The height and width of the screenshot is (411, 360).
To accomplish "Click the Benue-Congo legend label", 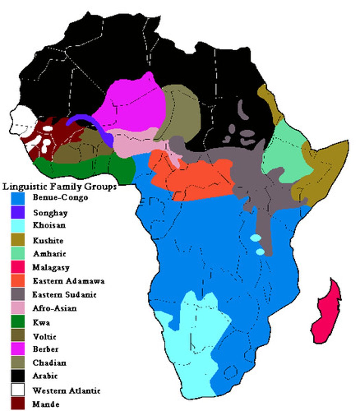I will (x=60, y=198).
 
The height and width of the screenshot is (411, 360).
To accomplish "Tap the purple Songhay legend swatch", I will (x=18, y=213).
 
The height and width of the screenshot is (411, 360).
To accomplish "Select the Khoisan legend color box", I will (x=18, y=226).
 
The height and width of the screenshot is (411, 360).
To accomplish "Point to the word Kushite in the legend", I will (x=48, y=240).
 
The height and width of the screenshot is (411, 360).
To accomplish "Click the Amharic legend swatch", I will (x=18, y=254).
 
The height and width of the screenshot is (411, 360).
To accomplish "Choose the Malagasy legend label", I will (x=51, y=267).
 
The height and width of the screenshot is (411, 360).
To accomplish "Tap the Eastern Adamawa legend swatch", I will (x=18, y=281).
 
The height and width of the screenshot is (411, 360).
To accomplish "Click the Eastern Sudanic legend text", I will (x=64, y=295).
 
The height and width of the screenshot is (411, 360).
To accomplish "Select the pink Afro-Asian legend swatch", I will (x=18, y=308).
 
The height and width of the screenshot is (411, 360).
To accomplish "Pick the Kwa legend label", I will (x=41, y=323).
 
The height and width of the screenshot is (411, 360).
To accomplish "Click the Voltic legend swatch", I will (x=18, y=336).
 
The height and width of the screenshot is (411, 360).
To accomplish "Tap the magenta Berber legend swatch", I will (x=18, y=349).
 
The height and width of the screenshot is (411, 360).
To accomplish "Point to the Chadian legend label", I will (x=49, y=362).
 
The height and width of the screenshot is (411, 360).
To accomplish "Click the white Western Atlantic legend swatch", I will (x=18, y=390).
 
